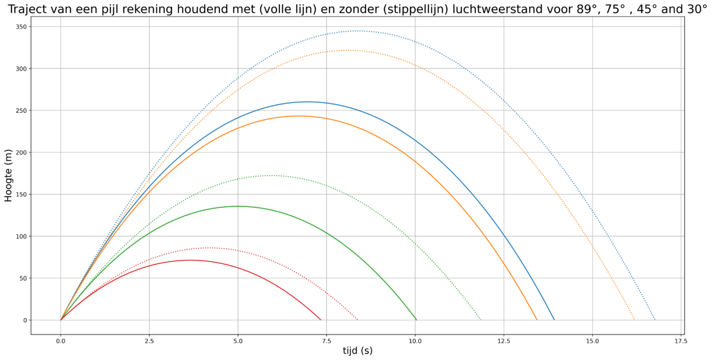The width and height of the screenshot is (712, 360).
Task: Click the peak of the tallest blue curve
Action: tap(358, 31)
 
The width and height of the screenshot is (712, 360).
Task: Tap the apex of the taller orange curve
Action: tap(348, 50)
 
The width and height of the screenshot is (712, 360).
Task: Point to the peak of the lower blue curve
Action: tap(307, 102)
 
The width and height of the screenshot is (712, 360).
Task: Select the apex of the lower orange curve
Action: tap(298, 116)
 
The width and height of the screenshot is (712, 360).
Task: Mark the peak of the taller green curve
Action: tap(271, 176)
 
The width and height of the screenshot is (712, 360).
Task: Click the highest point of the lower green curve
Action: tap(239, 206)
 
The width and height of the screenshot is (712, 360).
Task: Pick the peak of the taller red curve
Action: tap(209, 247)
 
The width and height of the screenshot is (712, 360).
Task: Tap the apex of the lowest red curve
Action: tap(190, 260)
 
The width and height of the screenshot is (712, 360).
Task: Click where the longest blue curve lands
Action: tap(654, 320)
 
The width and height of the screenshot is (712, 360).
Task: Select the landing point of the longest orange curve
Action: tap(634, 320)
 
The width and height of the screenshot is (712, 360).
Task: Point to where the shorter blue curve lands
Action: tap(554, 320)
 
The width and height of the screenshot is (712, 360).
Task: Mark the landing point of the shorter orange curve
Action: tap(536, 320)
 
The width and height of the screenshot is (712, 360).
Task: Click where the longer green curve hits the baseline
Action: tap(480, 320)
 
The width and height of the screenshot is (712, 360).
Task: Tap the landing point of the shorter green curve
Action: tap(416, 320)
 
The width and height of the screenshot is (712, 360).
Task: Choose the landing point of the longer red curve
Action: tap(357, 320)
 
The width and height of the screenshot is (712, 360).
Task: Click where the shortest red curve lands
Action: tap(320, 320)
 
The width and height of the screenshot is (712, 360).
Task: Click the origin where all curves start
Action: tap(61, 320)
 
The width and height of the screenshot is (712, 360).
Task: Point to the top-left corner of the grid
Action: tap(61, 26)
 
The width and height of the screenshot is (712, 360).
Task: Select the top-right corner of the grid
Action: tap(681, 26)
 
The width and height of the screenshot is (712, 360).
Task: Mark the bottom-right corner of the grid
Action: tap(681, 320)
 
